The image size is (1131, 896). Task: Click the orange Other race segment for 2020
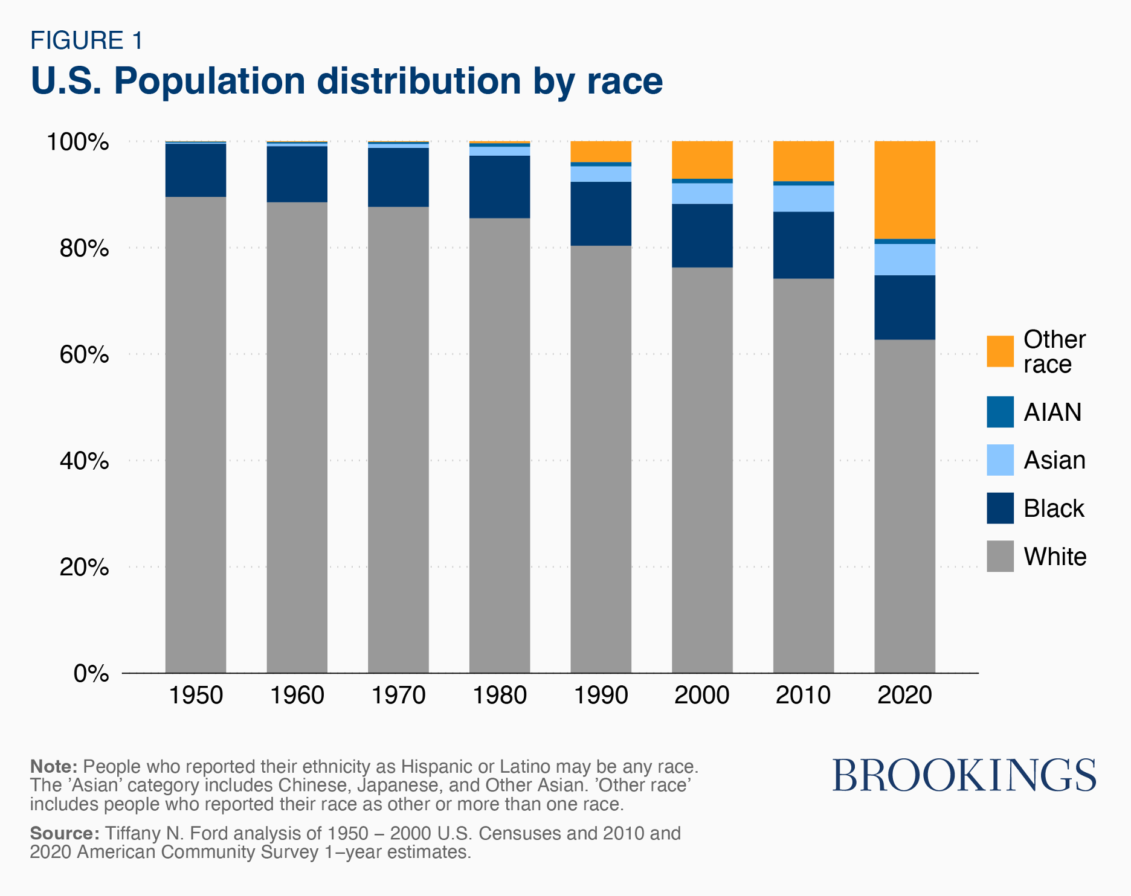click(904, 190)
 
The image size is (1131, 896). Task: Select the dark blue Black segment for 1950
click(196, 170)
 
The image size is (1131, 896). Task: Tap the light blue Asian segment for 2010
click(804, 199)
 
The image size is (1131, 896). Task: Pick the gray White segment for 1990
click(601, 459)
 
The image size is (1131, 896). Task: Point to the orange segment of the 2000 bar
click(702, 159)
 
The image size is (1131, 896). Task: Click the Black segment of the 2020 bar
click(904, 307)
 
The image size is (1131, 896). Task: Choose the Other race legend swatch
click(1000, 351)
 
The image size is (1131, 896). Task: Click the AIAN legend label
click(1052, 412)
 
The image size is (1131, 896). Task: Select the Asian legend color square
click(1000, 460)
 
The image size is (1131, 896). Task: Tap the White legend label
click(1054, 557)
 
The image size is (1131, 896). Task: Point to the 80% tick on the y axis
click(84, 248)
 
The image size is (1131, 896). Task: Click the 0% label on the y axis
click(91, 673)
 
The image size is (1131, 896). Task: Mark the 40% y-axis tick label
click(84, 461)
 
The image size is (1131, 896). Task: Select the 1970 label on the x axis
click(398, 696)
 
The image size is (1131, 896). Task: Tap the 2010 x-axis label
click(803, 696)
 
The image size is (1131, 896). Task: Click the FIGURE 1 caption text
click(87, 40)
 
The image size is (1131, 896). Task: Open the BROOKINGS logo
click(964, 775)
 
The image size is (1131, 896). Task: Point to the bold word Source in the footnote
click(65, 833)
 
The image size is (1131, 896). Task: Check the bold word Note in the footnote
click(54, 767)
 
